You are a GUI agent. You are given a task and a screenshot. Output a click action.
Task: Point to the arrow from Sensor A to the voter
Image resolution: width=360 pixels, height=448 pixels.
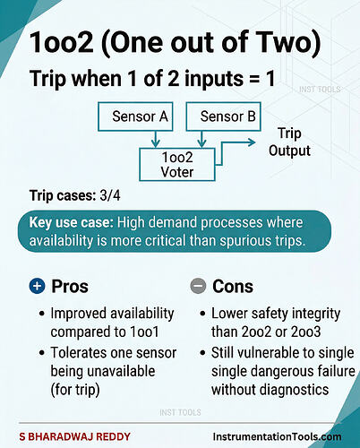click(155, 139)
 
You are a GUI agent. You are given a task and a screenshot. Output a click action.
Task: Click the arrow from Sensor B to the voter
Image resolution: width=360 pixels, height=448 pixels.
click(202, 139)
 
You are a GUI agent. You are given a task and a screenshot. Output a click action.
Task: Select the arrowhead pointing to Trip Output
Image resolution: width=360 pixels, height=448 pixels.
click(252, 142)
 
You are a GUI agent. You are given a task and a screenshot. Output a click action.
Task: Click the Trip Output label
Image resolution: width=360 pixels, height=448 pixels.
click(289, 142)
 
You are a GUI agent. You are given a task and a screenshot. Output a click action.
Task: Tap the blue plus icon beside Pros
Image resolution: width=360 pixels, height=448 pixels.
click(37, 286)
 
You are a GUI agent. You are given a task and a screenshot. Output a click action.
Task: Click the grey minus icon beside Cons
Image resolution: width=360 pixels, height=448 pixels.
click(198, 286)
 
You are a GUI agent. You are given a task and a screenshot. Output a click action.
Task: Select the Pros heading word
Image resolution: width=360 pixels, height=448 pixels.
click(70, 286)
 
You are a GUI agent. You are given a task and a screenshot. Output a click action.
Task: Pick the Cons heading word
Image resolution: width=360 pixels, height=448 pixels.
click(233, 286)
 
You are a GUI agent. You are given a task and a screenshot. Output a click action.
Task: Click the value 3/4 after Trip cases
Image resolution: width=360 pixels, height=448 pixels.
click(110, 195)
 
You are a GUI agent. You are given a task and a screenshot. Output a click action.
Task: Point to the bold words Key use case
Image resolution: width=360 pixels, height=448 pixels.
click(71, 223)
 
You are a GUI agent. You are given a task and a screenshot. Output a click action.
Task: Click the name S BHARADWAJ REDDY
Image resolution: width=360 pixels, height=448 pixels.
click(74, 436)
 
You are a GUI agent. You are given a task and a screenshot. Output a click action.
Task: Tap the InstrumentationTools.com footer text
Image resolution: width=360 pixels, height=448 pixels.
click(277, 436)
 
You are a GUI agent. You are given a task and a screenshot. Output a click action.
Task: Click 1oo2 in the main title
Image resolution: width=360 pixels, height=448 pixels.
click(62, 42)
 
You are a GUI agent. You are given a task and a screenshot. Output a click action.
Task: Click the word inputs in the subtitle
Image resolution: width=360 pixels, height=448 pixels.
click(214, 79)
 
